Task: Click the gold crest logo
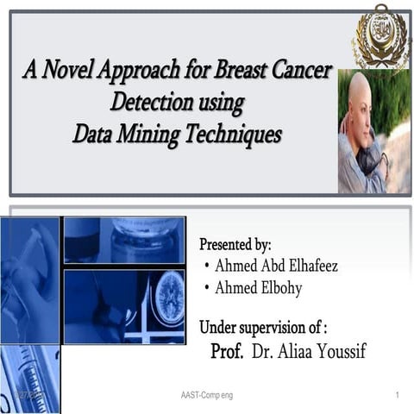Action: tap(379, 36)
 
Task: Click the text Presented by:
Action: tap(235, 244)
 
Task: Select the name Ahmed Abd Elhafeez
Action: tap(276, 266)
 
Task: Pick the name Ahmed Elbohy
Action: tap(258, 288)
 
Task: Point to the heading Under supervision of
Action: tap(263, 328)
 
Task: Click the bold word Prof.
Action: tap(227, 352)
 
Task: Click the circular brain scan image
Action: tap(169, 298)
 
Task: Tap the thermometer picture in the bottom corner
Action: tap(30, 379)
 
